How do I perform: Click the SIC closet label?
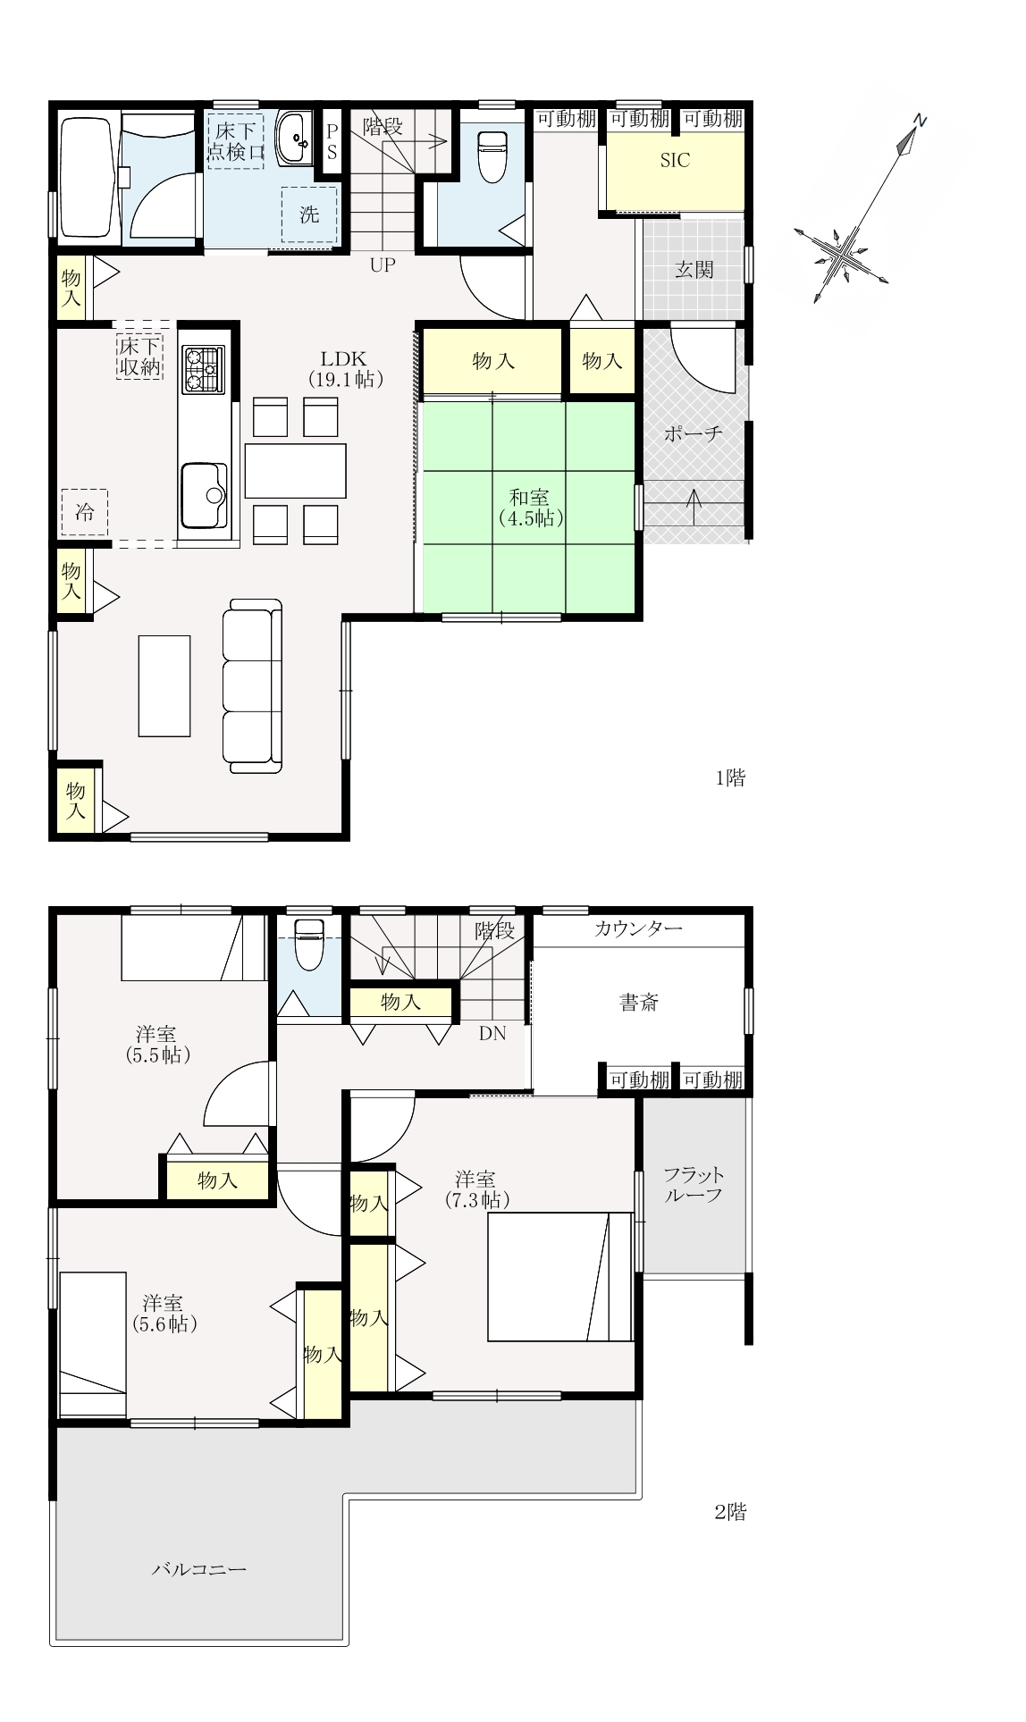click(675, 162)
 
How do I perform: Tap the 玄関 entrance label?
click(694, 269)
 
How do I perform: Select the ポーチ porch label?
click(694, 434)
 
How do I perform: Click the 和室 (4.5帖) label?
click(530, 507)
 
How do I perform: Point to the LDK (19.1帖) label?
click(346, 368)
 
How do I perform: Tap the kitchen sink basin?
click(203, 496)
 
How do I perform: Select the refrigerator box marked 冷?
click(84, 512)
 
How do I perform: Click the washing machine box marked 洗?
click(309, 214)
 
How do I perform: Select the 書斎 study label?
click(639, 1003)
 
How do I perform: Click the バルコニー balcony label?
click(198, 1568)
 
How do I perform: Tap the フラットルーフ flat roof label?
click(694, 1184)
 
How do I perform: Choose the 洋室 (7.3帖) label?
click(477, 1189)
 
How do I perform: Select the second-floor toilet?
click(309, 945)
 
